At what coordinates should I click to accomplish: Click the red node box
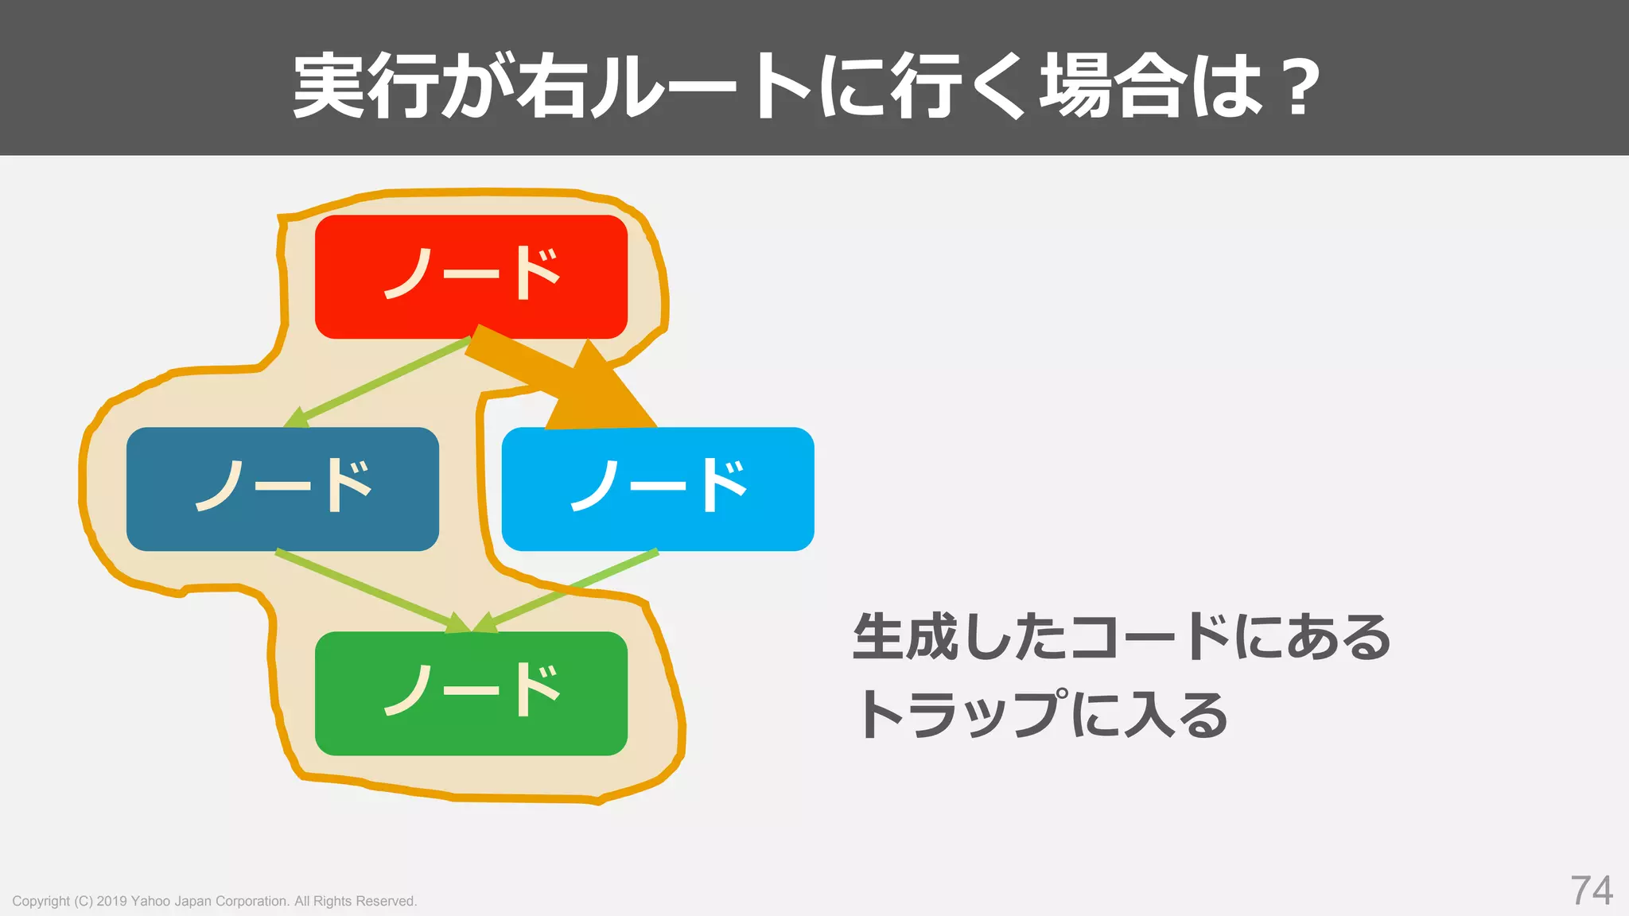(x=471, y=276)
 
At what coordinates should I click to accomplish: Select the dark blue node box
(x=282, y=488)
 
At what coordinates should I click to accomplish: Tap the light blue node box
(x=658, y=488)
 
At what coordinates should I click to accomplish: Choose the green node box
(x=471, y=693)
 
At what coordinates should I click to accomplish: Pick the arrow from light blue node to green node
(x=569, y=590)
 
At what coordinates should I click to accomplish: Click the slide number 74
(x=1592, y=891)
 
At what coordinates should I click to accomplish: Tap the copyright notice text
(x=214, y=901)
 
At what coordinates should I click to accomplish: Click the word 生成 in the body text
(x=905, y=637)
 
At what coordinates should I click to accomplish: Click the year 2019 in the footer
(x=112, y=901)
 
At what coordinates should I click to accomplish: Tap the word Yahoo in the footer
(x=150, y=901)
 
